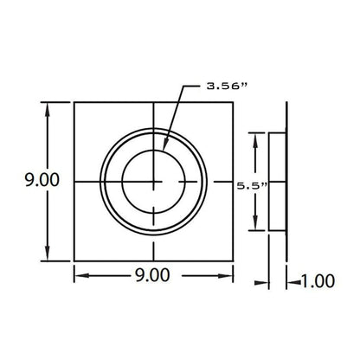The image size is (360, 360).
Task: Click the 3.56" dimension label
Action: coord(227,86)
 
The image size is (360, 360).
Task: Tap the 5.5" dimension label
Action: coord(252,186)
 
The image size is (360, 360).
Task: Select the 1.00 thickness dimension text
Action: coord(318,281)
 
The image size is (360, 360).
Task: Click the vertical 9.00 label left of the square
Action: coord(42,179)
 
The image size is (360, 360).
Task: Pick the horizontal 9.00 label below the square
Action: coord(152,275)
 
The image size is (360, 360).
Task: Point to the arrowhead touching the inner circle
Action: coord(164,145)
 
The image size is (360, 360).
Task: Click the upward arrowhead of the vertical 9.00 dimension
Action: coord(48,110)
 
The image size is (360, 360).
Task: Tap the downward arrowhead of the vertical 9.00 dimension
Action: coord(48,253)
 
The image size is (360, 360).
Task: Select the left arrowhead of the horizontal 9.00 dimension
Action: coord(82,276)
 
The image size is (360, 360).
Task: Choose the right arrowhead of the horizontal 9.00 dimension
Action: coord(225,276)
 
